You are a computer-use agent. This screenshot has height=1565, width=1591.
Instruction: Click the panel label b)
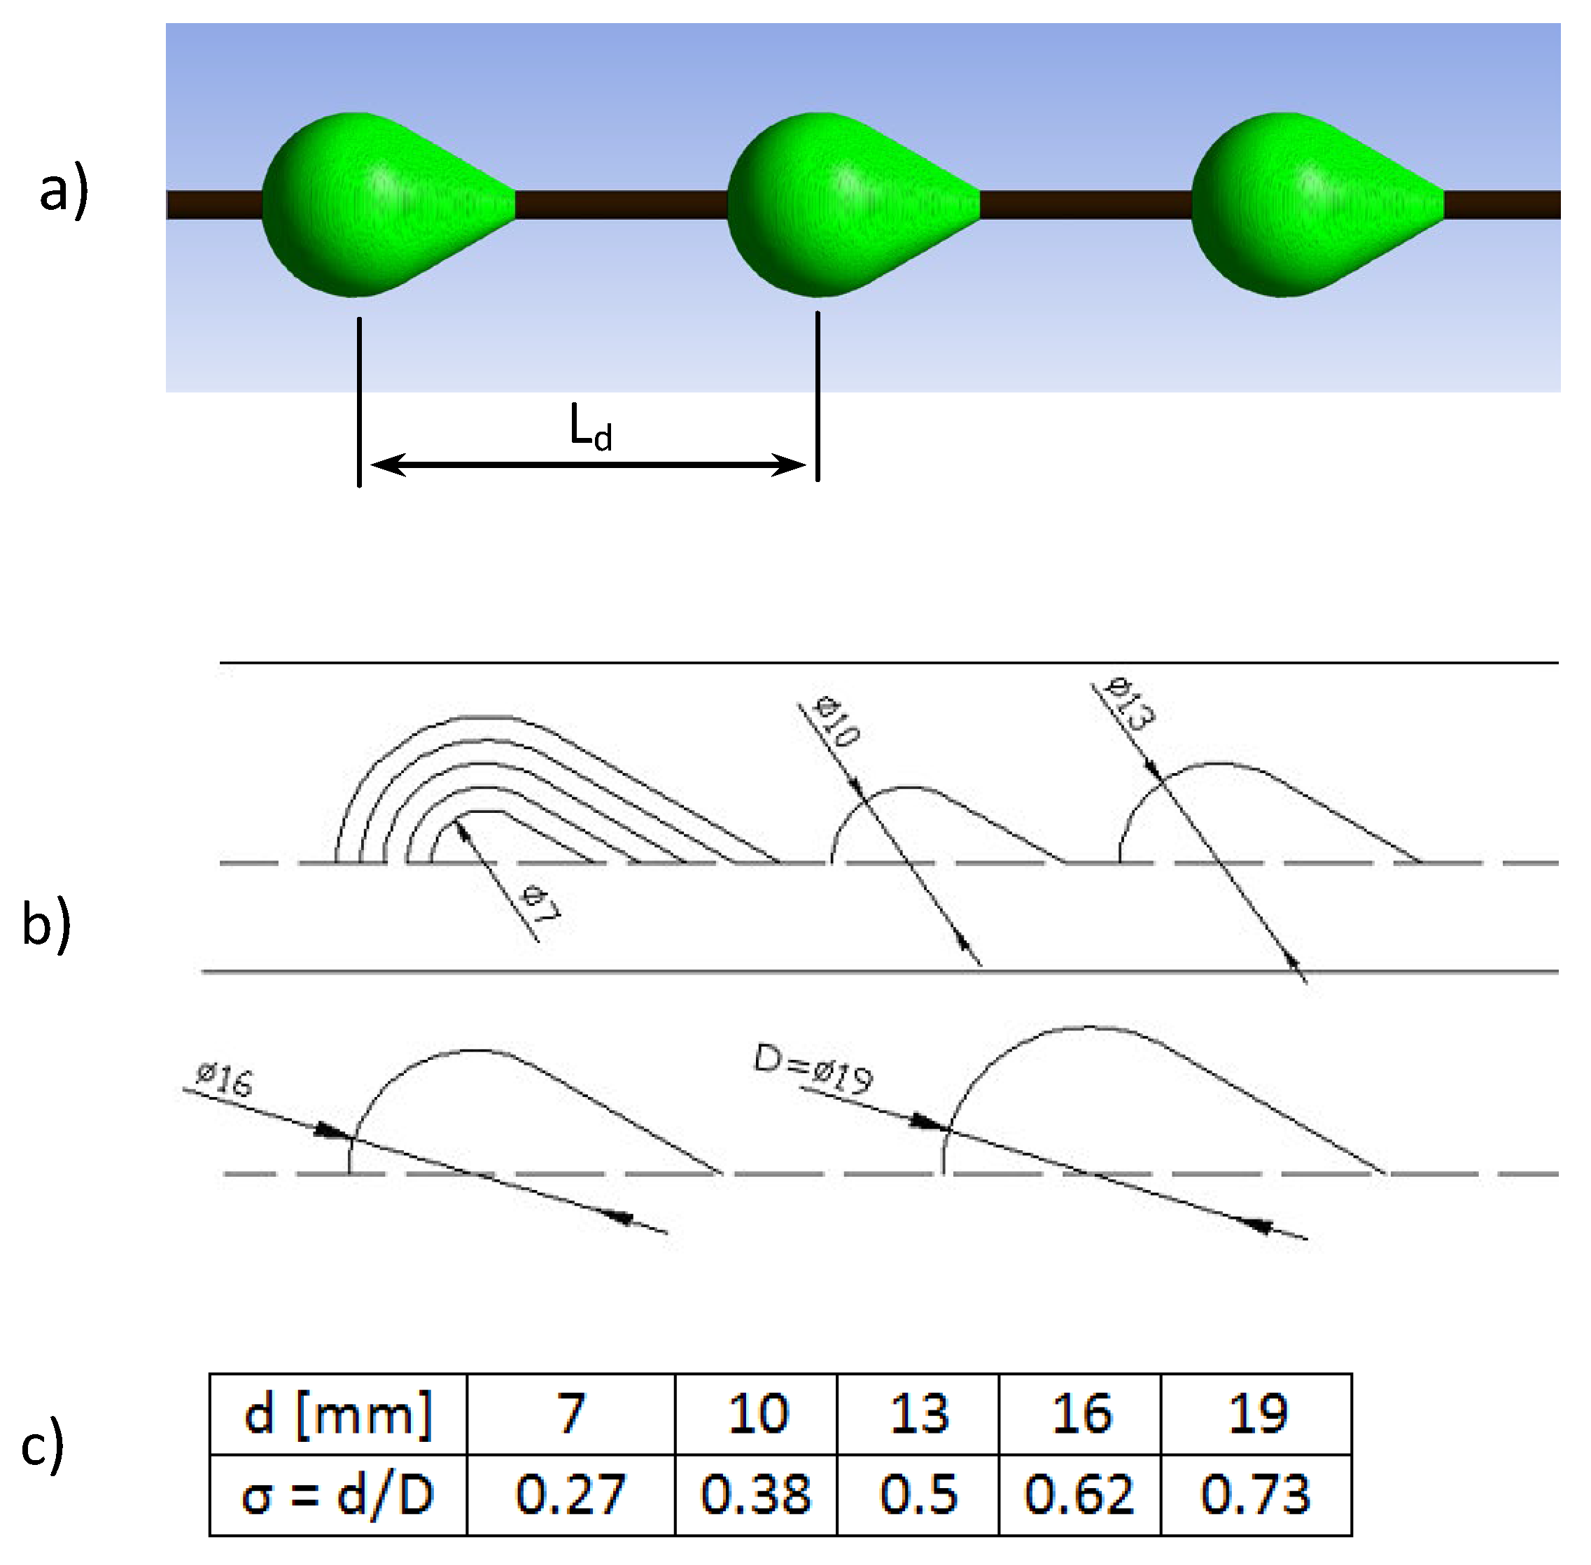tap(46, 926)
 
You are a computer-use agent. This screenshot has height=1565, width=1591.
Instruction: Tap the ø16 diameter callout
tap(224, 1079)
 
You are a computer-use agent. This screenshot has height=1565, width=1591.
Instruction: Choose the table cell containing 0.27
tap(570, 1494)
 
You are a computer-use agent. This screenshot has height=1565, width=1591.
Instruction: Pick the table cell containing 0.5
tap(917, 1494)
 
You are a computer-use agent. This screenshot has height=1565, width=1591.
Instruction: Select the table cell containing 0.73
tap(1255, 1494)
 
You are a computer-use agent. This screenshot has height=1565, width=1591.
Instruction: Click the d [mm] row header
tap(338, 1414)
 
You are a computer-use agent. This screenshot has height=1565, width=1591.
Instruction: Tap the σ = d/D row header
tap(338, 1494)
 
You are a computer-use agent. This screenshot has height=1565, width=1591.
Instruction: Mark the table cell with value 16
tap(1079, 1414)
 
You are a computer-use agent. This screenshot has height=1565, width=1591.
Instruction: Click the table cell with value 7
tap(570, 1414)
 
